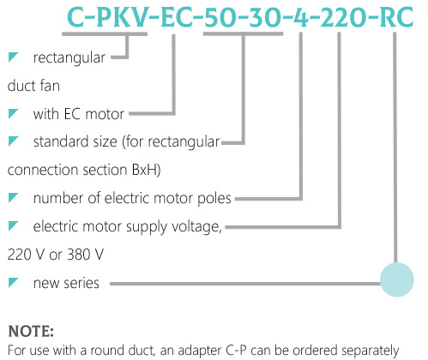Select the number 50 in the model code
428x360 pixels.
tap(220, 17)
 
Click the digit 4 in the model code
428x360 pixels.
tap(301, 17)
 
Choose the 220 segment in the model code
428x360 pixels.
tap(343, 17)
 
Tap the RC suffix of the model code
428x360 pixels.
tap(396, 17)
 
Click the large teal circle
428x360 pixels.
tap(396, 279)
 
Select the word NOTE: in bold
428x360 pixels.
tap(31, 332)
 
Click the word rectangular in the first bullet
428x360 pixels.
tap(69, 58)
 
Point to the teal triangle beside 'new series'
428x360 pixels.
tap(13, 282)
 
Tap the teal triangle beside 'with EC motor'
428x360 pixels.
tap(13, 113)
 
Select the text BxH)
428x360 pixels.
tap(146, 170)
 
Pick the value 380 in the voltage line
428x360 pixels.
tap(78, 255)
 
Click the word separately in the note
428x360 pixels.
tap(371, 351)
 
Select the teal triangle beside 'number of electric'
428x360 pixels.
tap(13, 198)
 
